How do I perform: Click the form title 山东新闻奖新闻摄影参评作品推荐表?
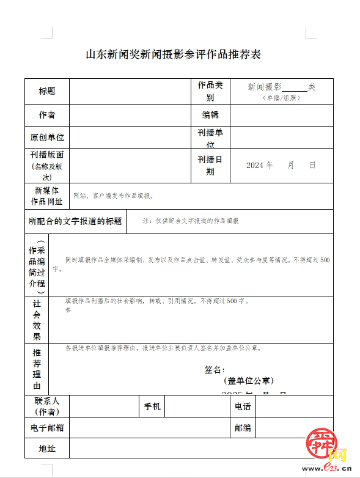pos(173,55)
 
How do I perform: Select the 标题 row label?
pos(47,91)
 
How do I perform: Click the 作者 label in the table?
pos(47,115)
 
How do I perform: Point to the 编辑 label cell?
pos(210,115)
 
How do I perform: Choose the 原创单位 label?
pos(47,138)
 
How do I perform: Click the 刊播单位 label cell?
pos(210,138)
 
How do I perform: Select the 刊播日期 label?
pos(210,165)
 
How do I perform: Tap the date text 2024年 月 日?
pos(281,165)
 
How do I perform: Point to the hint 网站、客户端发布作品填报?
pos(113,196)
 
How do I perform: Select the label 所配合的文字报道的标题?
pos(75,221)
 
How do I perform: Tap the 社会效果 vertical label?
pos(37,320)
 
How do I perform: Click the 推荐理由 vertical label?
pos(37,369)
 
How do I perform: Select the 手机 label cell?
pos(152,406)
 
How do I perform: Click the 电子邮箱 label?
pos(47,428)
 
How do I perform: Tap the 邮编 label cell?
pos(243,428)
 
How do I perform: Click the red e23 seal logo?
pos(321,443)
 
